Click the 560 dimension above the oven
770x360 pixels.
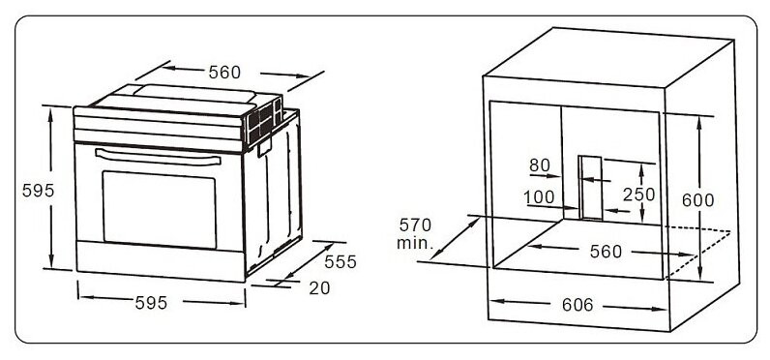(223, 72)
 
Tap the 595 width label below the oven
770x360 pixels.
(151, 303)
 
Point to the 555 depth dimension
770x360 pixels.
(341, 261)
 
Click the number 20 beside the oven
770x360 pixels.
(319, 286)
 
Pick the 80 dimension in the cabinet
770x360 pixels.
(539, 165)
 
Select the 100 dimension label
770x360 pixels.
(539, 197)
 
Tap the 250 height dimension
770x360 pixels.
(638, 195)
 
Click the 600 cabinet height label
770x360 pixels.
(696, 200)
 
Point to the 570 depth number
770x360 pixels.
(414, 225)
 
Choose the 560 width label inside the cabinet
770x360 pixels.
(606, 253)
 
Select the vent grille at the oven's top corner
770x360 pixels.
(256, 124)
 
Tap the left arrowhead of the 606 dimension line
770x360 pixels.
(495, 304)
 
